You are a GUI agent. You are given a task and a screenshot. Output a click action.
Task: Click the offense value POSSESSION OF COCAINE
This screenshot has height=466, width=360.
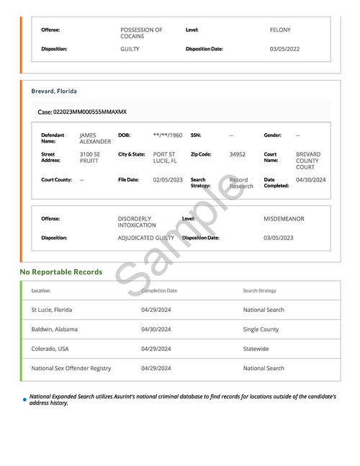(141, 33)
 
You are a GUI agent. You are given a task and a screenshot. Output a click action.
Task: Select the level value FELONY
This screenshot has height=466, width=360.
(280, 30)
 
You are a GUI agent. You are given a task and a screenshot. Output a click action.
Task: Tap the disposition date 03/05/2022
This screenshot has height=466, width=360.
(284, 49)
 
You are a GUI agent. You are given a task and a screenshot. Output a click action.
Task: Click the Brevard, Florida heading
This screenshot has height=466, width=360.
(54, 91)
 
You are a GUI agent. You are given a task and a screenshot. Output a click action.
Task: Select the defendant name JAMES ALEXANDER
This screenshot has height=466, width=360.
(95, 138)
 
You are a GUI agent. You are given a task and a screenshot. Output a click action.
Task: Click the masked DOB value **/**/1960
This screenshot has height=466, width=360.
(168, 135)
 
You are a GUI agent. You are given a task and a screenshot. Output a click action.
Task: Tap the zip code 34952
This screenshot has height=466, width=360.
(238, 154)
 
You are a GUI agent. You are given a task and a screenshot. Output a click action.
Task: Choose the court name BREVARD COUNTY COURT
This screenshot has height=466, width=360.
(308, 161)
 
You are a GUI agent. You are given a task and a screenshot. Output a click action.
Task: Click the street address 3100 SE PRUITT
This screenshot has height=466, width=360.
(90, 158)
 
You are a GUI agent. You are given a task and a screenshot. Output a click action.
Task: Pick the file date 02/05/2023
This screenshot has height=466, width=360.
(168, 179)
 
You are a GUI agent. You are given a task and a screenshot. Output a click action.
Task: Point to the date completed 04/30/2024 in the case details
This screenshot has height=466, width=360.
(311, 179)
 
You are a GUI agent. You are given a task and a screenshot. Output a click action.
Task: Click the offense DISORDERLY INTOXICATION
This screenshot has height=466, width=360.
(137, 222)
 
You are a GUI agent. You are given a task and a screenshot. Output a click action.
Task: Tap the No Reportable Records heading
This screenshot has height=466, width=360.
(61, 272)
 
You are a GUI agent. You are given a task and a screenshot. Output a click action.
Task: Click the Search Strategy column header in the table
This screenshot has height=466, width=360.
(259, 291)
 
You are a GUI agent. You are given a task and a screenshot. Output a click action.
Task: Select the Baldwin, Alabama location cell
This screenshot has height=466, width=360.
(55, 329)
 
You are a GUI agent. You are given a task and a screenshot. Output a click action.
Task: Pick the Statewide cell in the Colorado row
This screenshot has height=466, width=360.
(256, 349)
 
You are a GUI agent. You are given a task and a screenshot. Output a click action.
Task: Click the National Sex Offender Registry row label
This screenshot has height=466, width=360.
(71, 368)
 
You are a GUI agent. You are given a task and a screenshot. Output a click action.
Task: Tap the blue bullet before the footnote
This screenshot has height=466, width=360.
(24, 399)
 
